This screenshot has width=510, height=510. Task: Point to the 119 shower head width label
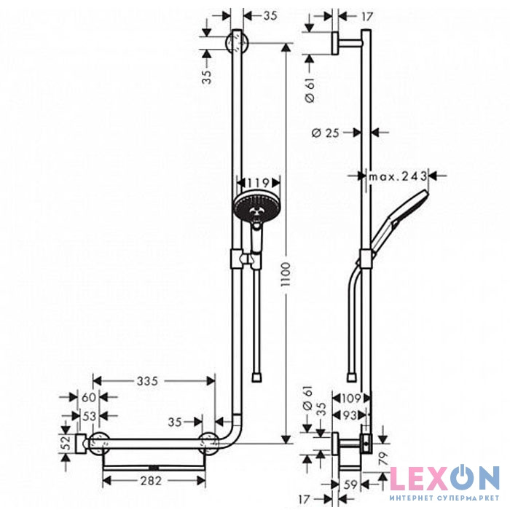pos(254,182)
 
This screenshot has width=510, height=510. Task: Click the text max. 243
pos(396,176)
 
